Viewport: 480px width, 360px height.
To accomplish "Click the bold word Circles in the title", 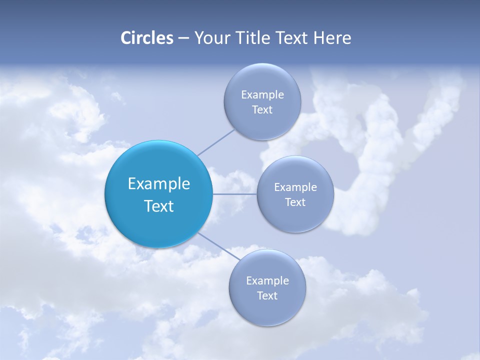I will [x=146, y=38].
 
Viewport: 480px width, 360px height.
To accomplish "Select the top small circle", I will [x=262, y=125].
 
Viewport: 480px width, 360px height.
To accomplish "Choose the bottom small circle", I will [x=267, y=310].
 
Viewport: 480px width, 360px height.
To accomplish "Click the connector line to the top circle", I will [x=216, y=142].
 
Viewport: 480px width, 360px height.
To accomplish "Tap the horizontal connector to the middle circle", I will [x=234, y=194].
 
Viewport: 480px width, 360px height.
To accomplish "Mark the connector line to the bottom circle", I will [x=218, y=246].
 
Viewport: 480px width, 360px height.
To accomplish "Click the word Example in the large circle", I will [x=159, y=184].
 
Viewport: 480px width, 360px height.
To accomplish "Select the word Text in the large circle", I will [x=158, y=206].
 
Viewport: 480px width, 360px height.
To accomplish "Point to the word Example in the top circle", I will [x=262, y=95].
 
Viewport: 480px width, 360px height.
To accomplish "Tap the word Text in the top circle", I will [x=262, y=110].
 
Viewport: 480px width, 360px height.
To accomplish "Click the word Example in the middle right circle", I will [x=295, y=187].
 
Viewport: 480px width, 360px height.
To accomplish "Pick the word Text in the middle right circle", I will [x=295, y=202].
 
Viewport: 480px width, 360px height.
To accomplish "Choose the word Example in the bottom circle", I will [x=267, y=281].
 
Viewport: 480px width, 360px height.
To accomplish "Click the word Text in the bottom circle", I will [x=267, y=296].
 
